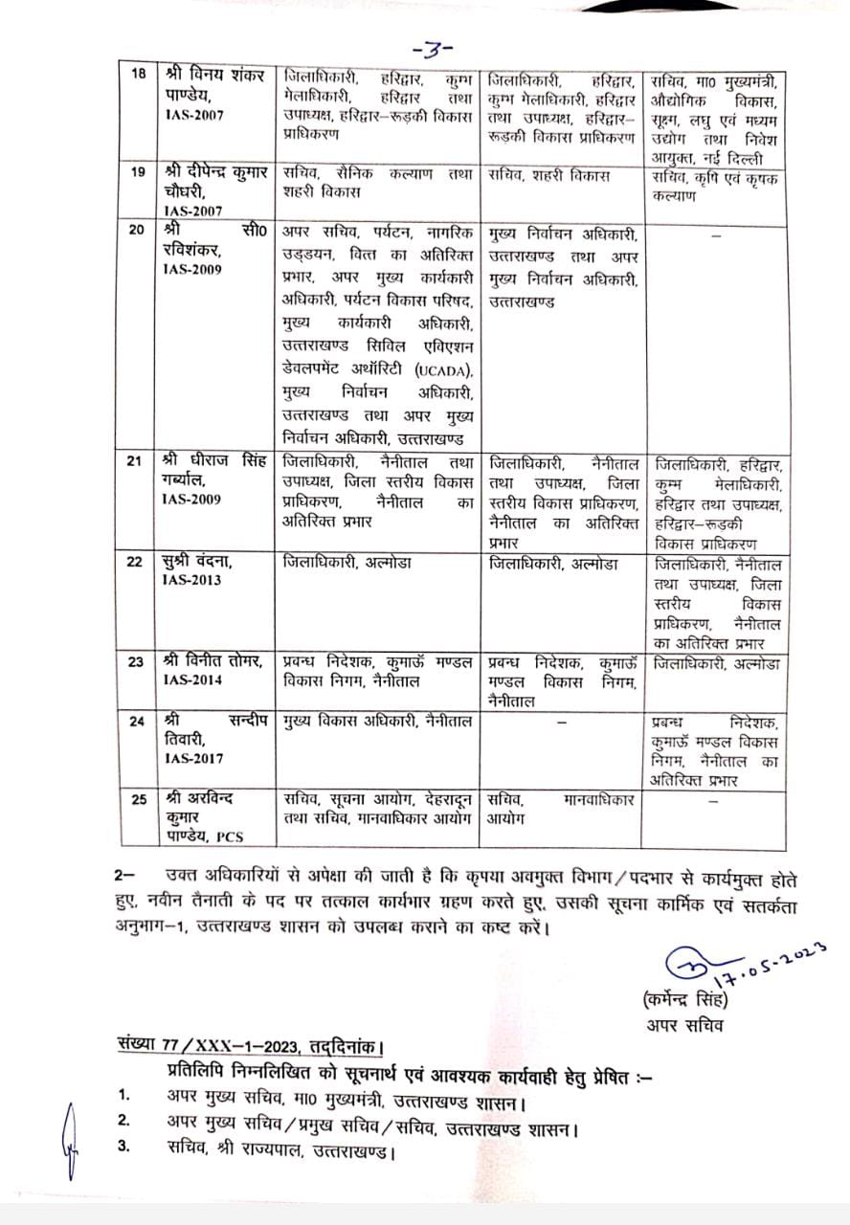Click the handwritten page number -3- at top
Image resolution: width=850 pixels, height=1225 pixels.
pos(431,48)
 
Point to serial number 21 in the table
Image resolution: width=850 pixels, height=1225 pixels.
pos(135,460)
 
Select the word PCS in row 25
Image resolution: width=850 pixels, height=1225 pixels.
pos(230,836)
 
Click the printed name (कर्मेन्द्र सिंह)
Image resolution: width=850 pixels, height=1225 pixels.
pos(685,1002)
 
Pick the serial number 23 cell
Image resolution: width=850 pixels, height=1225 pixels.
pos(135,662)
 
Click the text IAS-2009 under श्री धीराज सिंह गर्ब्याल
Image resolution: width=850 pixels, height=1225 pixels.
pos(192,499)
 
